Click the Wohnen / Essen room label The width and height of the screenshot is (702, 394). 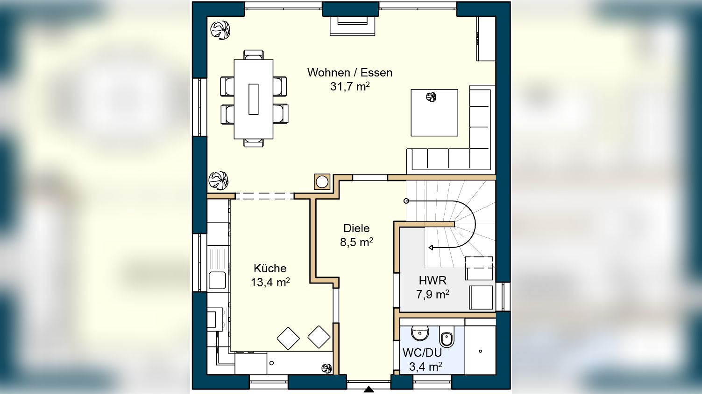(350, 73)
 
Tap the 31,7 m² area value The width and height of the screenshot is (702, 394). (350, 86)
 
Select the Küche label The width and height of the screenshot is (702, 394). (270, 268)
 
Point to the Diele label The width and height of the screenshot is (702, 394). (356, 228)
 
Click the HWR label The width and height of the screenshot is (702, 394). (433, 280)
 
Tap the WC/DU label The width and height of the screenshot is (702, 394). (422, 353)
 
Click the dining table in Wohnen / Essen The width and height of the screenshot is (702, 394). (254, 99)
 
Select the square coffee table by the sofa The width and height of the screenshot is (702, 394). (434, 113)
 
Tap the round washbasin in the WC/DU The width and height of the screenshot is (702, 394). (419, 333)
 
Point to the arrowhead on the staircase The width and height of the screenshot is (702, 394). (431, 248)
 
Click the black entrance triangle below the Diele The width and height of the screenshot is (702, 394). (369, 390)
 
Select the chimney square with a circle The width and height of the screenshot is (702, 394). (322, 182)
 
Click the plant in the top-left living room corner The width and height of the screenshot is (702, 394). (220, 30)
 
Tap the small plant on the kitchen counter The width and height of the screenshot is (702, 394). (326, 369)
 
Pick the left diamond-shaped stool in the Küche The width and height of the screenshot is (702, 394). (288, 339)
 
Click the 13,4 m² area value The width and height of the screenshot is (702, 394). (270, 282)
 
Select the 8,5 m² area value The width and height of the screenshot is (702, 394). (357, 242)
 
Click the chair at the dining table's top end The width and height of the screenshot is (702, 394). (254, 55)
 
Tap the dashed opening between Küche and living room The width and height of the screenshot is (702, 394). (264, 196)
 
